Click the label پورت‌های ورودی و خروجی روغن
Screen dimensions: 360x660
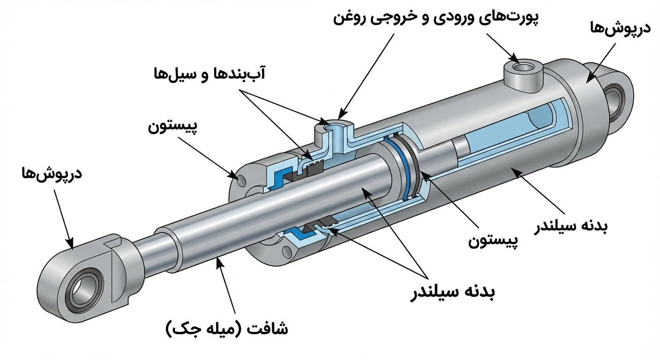436,19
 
